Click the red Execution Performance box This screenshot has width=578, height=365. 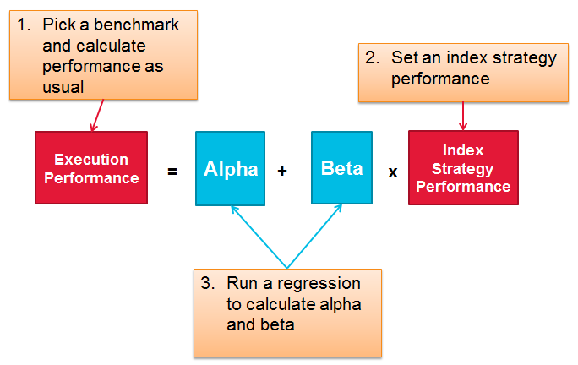(91, 168)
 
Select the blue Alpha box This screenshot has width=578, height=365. (230, 168)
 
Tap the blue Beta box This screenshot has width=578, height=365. (341, 168)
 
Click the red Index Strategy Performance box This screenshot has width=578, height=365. (463, 168)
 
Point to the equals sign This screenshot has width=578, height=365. (172, 172)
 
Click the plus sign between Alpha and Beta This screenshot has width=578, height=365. (282, 171)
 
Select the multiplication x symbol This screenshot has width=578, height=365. (393, 172)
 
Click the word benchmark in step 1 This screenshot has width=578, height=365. (136, 25)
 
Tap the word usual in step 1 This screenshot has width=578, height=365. (63, 87)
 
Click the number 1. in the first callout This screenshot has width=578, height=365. (24, 25)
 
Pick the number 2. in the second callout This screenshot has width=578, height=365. (372, 58)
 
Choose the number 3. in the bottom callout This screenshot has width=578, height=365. (208, 283)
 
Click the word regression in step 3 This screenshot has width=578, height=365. (319, 285)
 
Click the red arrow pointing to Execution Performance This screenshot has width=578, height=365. (98, 115)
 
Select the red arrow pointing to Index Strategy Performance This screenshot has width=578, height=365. (463, 116)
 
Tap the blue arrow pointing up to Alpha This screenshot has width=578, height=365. (259, 237)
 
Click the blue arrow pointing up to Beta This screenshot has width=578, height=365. (314, 237)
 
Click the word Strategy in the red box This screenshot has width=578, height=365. (462, 169)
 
